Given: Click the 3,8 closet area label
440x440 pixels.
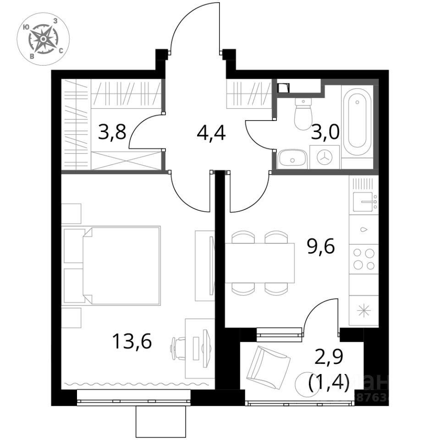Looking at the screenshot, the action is coord(112,134).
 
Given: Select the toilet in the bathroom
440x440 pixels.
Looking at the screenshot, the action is coord(303,113).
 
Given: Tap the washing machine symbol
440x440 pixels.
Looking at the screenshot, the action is coord(324,157).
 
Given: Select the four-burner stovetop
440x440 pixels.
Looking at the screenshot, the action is coord(363,259).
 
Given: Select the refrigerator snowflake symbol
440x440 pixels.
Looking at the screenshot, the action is coord(364,310).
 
